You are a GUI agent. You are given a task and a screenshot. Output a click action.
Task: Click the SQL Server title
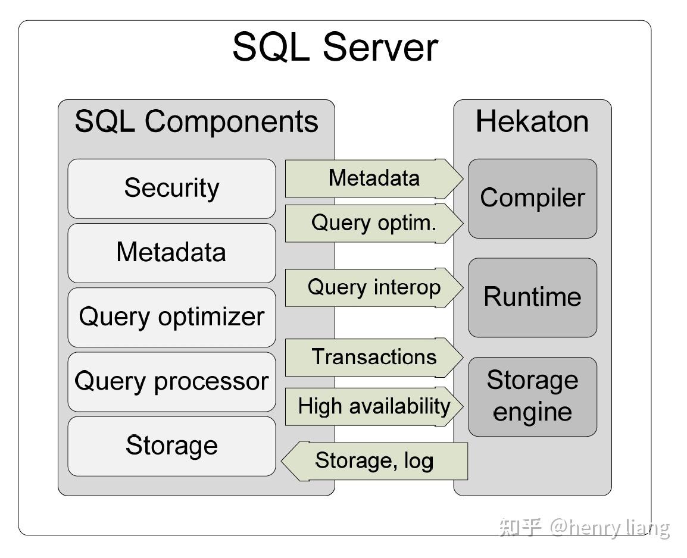click(x=335, y=47)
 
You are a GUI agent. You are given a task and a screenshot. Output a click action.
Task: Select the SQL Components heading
click(x=196, y=121)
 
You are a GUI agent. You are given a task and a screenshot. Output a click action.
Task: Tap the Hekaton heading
click(x=532, y=121)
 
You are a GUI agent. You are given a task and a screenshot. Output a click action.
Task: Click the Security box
click(x=171, y=189)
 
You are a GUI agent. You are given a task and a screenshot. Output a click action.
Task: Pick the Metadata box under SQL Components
click(x=171, y=253)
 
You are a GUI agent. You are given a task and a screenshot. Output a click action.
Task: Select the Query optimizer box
click(x=171, y=317)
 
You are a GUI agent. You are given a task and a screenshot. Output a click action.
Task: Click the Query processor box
click(x=171, y=382)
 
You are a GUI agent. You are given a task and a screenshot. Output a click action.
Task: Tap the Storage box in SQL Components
click(x=171, y=446)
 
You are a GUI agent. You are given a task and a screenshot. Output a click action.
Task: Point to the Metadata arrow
click(x=374, y=178)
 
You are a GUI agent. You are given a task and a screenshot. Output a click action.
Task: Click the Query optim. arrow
click(x=374, y=223)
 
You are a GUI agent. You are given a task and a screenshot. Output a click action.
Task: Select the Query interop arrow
click(x=374, y=287)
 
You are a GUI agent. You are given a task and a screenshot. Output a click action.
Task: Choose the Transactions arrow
click(x=374, y=357)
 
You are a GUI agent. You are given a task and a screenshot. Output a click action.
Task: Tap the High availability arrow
click(x=374, y=406)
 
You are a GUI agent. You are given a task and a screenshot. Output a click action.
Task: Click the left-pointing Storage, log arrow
click(x=374, y=461)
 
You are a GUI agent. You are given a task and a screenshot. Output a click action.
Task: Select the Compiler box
click(x=532, y=199)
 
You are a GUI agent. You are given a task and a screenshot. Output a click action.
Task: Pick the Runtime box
click(x=532, y=297)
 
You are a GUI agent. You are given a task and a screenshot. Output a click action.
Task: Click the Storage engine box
click(x=532, y=397)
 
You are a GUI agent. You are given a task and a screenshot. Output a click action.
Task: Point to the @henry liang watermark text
click(x=610, y=528)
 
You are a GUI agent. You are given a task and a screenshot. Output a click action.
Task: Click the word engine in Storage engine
click(x=532, y=413)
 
